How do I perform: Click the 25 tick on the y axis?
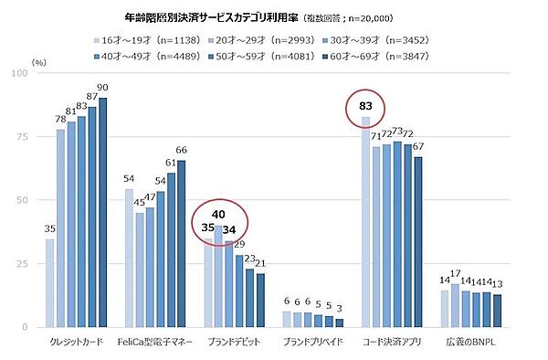(x=27, y=263)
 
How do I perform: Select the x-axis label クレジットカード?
(x=76, y=342)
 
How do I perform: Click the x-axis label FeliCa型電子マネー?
(x=155, y=342)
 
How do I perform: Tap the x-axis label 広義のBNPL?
(x=471, y=342)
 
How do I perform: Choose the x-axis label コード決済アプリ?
(x=393, y=342)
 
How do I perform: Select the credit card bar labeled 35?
(x=50, y=282)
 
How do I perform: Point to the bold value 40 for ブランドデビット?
(x=219, y=216)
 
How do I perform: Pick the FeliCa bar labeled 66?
(x=181, y=243)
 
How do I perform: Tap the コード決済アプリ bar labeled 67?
(x=417, y=241)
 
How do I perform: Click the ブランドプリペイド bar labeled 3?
(x=339, y=323)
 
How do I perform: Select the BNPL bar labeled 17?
(x=456, y=305)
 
